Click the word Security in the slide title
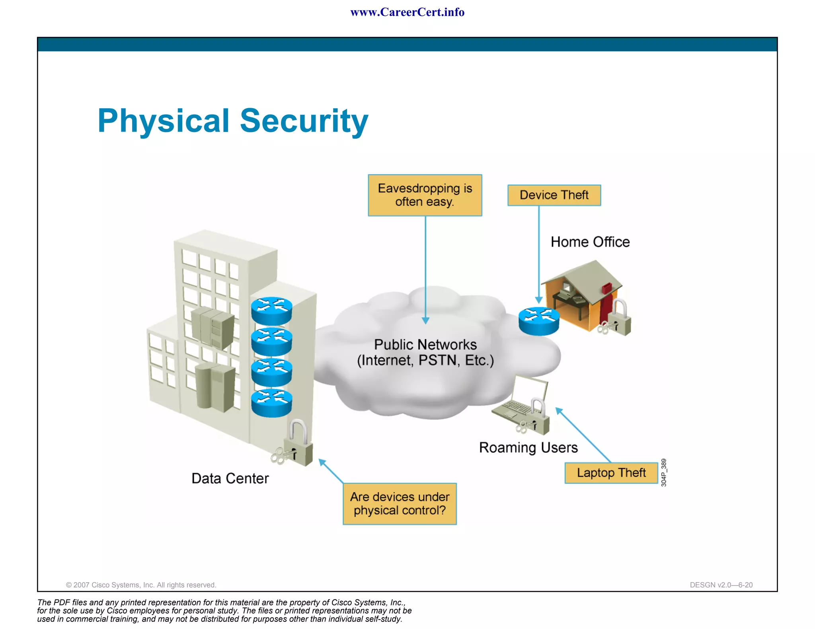pyautogui.click(x=304, y=121)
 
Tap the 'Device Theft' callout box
pyautogui.click(x=554, y=195)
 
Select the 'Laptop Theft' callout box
pyautogui.click(x=611, y=473)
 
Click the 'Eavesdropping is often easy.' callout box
pyautogui.click(x=425, y=195)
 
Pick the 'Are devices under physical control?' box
pyautogui.click(x=400, y=504)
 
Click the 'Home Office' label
pyautogui.click(x=590, y=242)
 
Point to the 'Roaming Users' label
pyautogui.click(x=528, y=448)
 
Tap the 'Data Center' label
pyautogui.click(x=230, y=478)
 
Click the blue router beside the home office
pyautogui.click(x=539, y=321)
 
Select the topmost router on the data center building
pyautogui.click(x=271, y=311)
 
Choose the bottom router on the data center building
pyautogui.click(x=271, y=403)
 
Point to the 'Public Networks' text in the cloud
pyautogui.click(x=425, y=345)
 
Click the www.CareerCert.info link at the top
pyautogui.click(x=407, y=12)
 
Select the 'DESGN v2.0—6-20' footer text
pyautogui.click(x=721, y=585)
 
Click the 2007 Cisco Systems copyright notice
pyautogui.click(x=141, y=585)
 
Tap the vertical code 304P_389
pyautogui.click(x=663, y=472)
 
